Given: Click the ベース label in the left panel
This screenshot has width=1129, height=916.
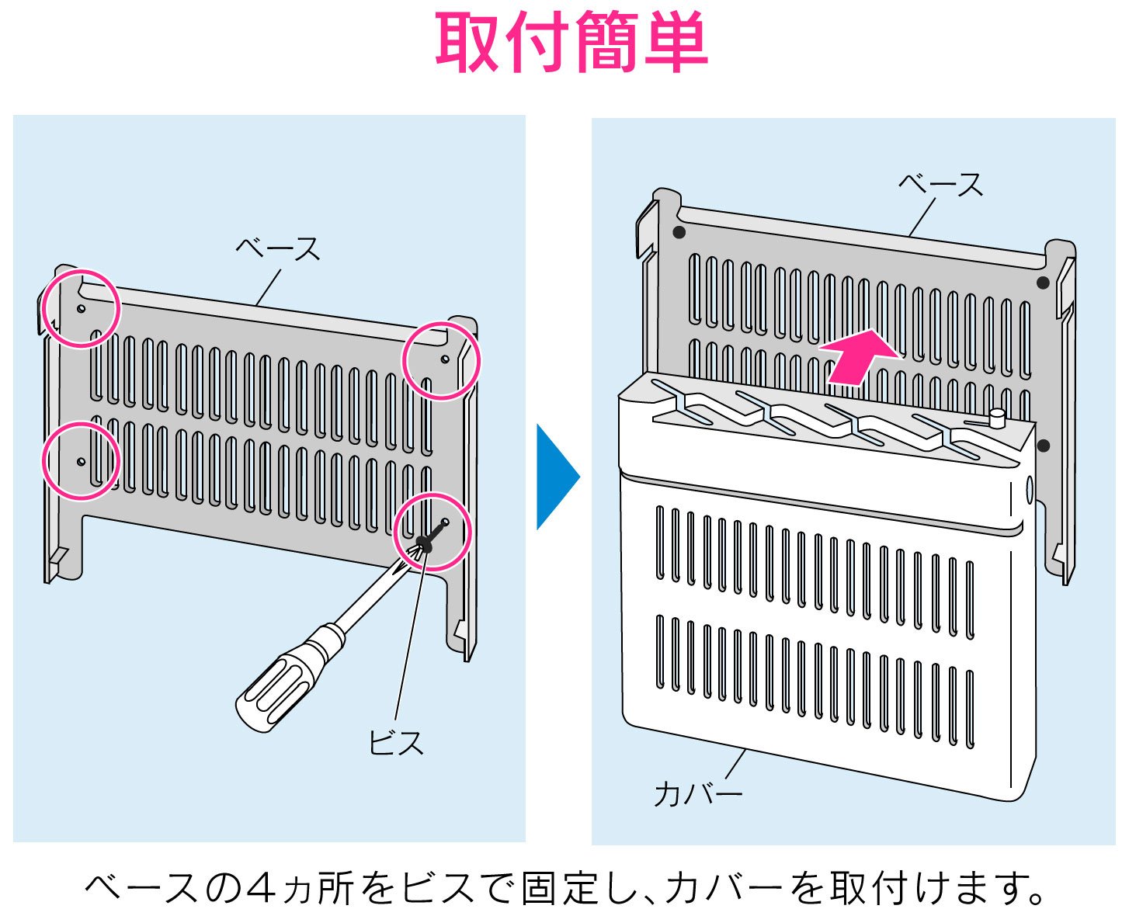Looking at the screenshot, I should point(277,249).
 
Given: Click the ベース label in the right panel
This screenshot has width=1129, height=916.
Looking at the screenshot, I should point(940,185).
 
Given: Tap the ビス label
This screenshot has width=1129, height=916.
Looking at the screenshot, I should point(396,743).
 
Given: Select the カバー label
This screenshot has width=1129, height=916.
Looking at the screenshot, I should point(698,793).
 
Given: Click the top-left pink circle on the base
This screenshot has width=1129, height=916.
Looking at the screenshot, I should point(80,308).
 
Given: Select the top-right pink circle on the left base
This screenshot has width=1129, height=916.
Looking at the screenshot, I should point(441,360).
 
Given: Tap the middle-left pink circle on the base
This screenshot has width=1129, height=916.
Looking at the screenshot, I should point(80,461).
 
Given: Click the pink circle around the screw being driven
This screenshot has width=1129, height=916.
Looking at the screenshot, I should point(432,532).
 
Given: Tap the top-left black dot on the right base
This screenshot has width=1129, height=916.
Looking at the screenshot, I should point(679,232).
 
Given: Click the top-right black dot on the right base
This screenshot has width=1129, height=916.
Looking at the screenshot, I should point(1043,283).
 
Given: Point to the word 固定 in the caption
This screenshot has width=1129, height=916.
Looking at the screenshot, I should point(558,888).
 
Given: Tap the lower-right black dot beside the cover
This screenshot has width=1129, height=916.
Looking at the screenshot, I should point(1044,446).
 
